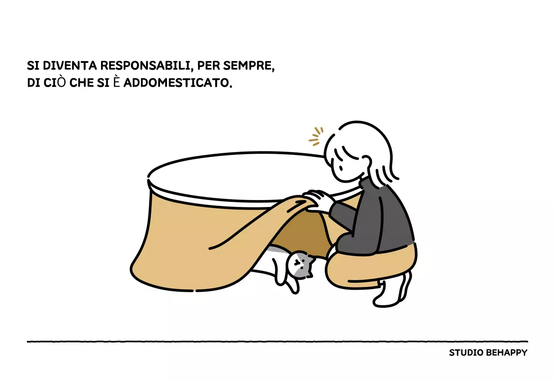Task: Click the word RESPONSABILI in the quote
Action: click(145, 66)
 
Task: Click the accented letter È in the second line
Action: click(116, 82)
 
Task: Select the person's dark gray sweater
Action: click(382, 221)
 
